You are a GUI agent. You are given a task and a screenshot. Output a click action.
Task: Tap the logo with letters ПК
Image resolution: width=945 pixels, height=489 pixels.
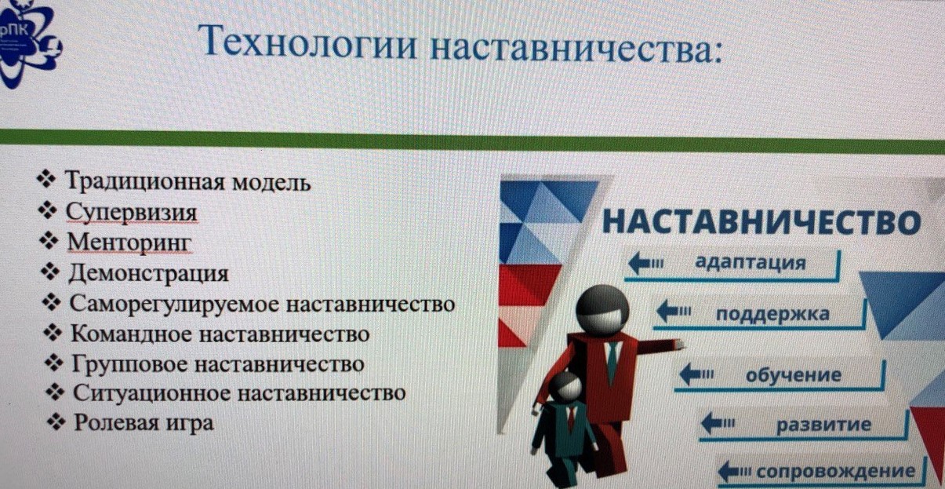pyautogui.click(x=29, y=42)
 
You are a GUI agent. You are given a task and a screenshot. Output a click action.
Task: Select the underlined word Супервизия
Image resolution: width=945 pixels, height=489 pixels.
pyautogui.click(x=131, y=212)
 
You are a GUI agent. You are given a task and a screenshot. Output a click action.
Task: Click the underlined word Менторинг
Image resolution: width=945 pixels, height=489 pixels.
pyautogui.click(x=129, y=243)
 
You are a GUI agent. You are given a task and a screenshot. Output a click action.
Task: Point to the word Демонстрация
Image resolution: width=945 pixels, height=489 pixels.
pyautogui.click(x=148, y=273)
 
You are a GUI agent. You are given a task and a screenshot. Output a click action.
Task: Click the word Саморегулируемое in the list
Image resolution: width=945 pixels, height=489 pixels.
pyautogui.click(x=174, y=304)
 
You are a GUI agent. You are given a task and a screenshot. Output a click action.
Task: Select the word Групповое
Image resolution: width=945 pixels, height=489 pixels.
pyautogui.click(x=129, y=364)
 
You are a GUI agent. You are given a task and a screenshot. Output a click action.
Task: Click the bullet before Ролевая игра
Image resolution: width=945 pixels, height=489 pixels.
pyautogui.click(x=56, y=421)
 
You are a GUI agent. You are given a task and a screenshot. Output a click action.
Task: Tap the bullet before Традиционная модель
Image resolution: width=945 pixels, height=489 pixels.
pyautogui.click(x=46, y=179)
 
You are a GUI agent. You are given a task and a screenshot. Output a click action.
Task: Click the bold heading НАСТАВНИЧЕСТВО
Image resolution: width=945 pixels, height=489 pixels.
pyautogui.click(x=761, y=221)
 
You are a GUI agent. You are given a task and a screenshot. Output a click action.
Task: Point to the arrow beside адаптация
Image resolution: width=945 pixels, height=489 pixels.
pyautogui.click(x=645, y=264)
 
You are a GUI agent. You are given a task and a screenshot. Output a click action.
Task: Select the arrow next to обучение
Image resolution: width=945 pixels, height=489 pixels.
pyautogui.click(x=696, y=374)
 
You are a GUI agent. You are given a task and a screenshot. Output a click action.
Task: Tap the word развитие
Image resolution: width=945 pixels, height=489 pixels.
pyautogui.click(x=824, y=425)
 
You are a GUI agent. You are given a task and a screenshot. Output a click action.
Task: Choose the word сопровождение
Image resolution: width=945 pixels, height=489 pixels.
pyautogui.click(x=835, y=471)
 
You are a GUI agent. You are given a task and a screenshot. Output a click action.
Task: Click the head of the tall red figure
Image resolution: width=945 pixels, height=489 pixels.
pyautogui.click(x=602, y=310)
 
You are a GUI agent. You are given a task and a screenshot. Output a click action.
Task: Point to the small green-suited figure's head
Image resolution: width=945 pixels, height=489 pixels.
pyautogui.click(x=565, y=387)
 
